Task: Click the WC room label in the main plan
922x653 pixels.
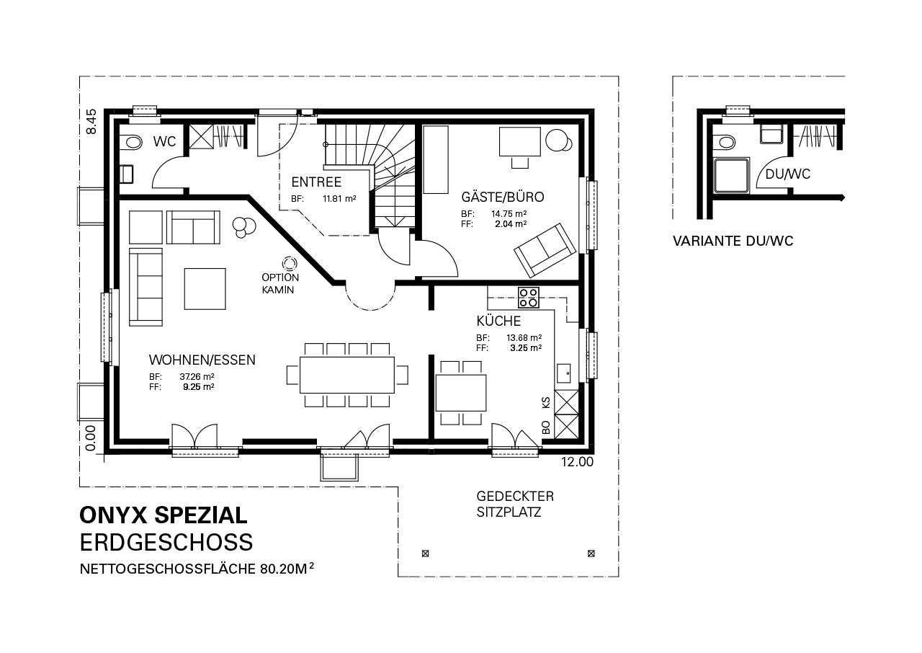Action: click(x=165, y=142)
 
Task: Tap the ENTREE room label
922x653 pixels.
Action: click(x=316, y=182)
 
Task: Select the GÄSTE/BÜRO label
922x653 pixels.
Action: click(x=503, y=197)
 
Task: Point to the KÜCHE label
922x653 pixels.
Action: click(x=498, y=321)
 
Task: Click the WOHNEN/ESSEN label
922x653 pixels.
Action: click(x=202, y=360)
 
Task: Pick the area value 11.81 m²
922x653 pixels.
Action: click(x=339, y=199)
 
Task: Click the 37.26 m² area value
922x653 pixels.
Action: click(x=197, y=376)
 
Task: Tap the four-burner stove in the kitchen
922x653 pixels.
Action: click(x=529, y=298)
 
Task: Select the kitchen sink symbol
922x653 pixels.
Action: click(x=563, y=373)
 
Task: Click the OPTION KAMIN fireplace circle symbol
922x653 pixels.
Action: click(x=290, y=263)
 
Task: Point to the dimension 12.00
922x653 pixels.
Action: click(x=577, y=462)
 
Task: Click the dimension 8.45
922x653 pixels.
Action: click(x=91, y=122)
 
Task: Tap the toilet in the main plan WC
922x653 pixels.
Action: click(x=131, y=143)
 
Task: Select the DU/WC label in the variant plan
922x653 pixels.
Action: click(x=788, y=174)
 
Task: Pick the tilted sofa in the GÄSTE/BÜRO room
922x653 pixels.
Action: click(x=545, y=250)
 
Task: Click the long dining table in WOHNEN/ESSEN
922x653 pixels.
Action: click(x=347, y=375)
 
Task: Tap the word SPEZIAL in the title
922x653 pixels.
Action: click(x=201, y=515)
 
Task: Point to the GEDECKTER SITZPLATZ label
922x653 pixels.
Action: click(x=515, y=505)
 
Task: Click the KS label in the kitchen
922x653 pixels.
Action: click(x=546, y=402)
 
